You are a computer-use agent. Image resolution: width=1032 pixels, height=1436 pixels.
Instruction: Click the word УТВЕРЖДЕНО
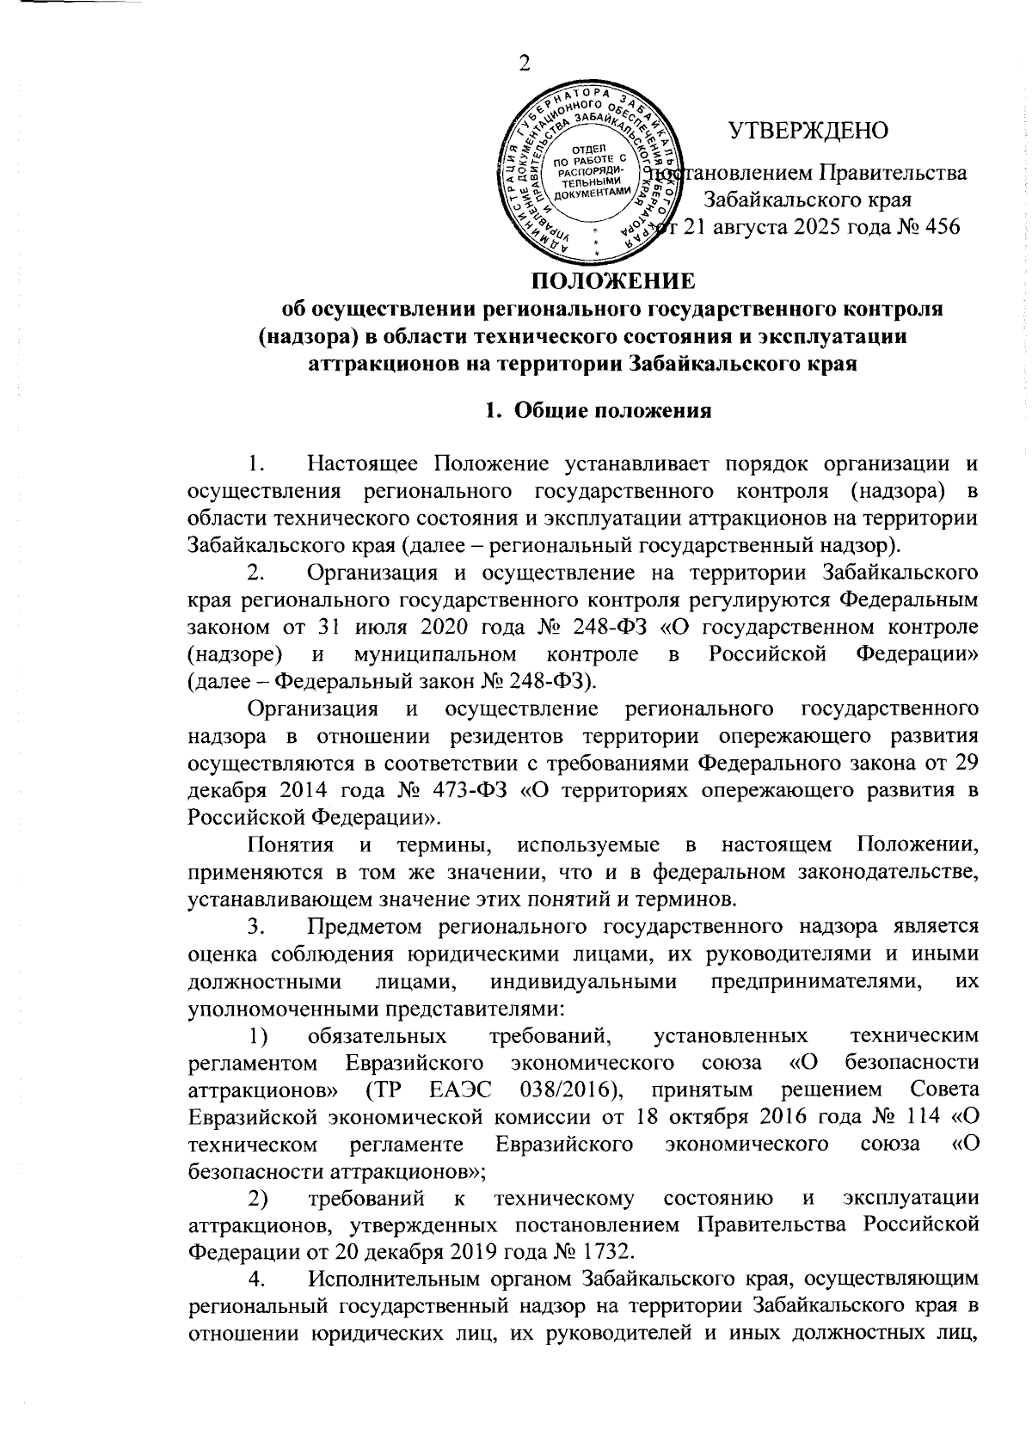[x=809, y=131]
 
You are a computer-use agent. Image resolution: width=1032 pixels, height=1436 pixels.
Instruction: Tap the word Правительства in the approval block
[x=892, y=173]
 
